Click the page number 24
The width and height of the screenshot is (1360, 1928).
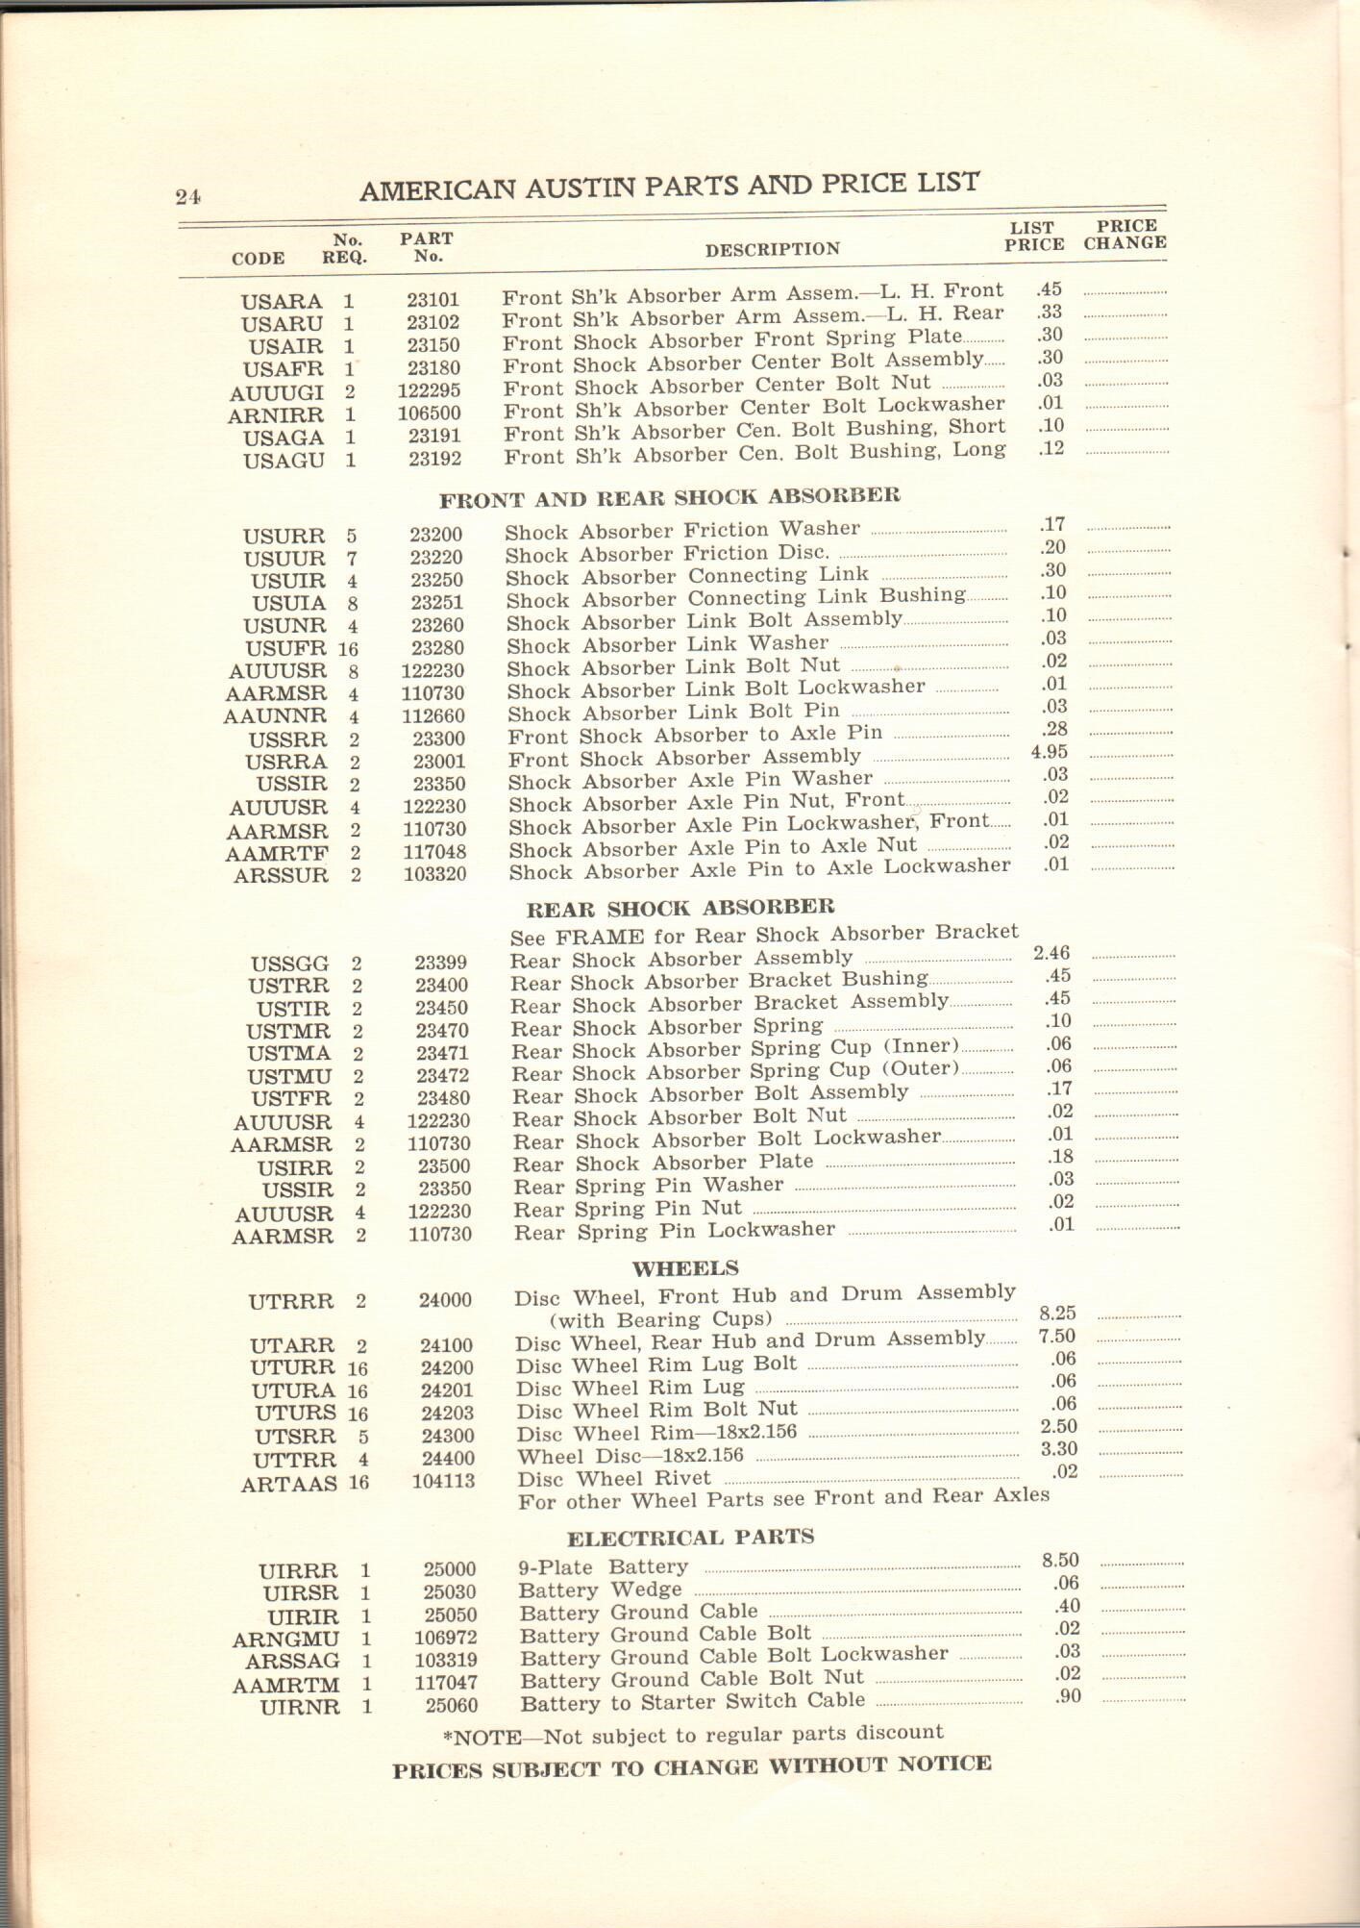(187, 196)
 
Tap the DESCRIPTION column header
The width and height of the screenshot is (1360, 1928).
(772, 250)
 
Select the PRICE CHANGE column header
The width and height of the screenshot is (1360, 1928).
(1125, 236)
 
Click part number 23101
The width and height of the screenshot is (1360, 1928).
(433, 300)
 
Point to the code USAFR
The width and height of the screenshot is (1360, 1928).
(285, 369)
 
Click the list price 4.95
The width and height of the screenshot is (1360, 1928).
(1050, 753)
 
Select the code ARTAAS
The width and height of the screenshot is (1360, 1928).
(288, 1484)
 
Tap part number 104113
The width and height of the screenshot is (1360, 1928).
(443, 1481)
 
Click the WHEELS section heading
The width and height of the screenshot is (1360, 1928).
(685, 1267)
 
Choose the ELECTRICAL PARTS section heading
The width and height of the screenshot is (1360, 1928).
(690, 1537)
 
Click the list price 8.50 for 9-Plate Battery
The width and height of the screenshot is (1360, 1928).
(1059, 1561)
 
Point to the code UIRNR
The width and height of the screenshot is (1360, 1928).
(300, 1708)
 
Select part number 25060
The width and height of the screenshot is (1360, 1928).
(451, 1705)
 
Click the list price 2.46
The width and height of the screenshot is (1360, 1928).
(1051, 954)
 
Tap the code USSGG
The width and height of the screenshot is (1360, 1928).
(289, 964)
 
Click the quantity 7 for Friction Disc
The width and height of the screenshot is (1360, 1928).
(352, 559)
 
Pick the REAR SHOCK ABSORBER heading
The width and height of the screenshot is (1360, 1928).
(680, 908)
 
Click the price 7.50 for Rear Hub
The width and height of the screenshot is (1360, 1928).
(1057, 1337)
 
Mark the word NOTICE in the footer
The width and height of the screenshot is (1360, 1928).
(944, 1764)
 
